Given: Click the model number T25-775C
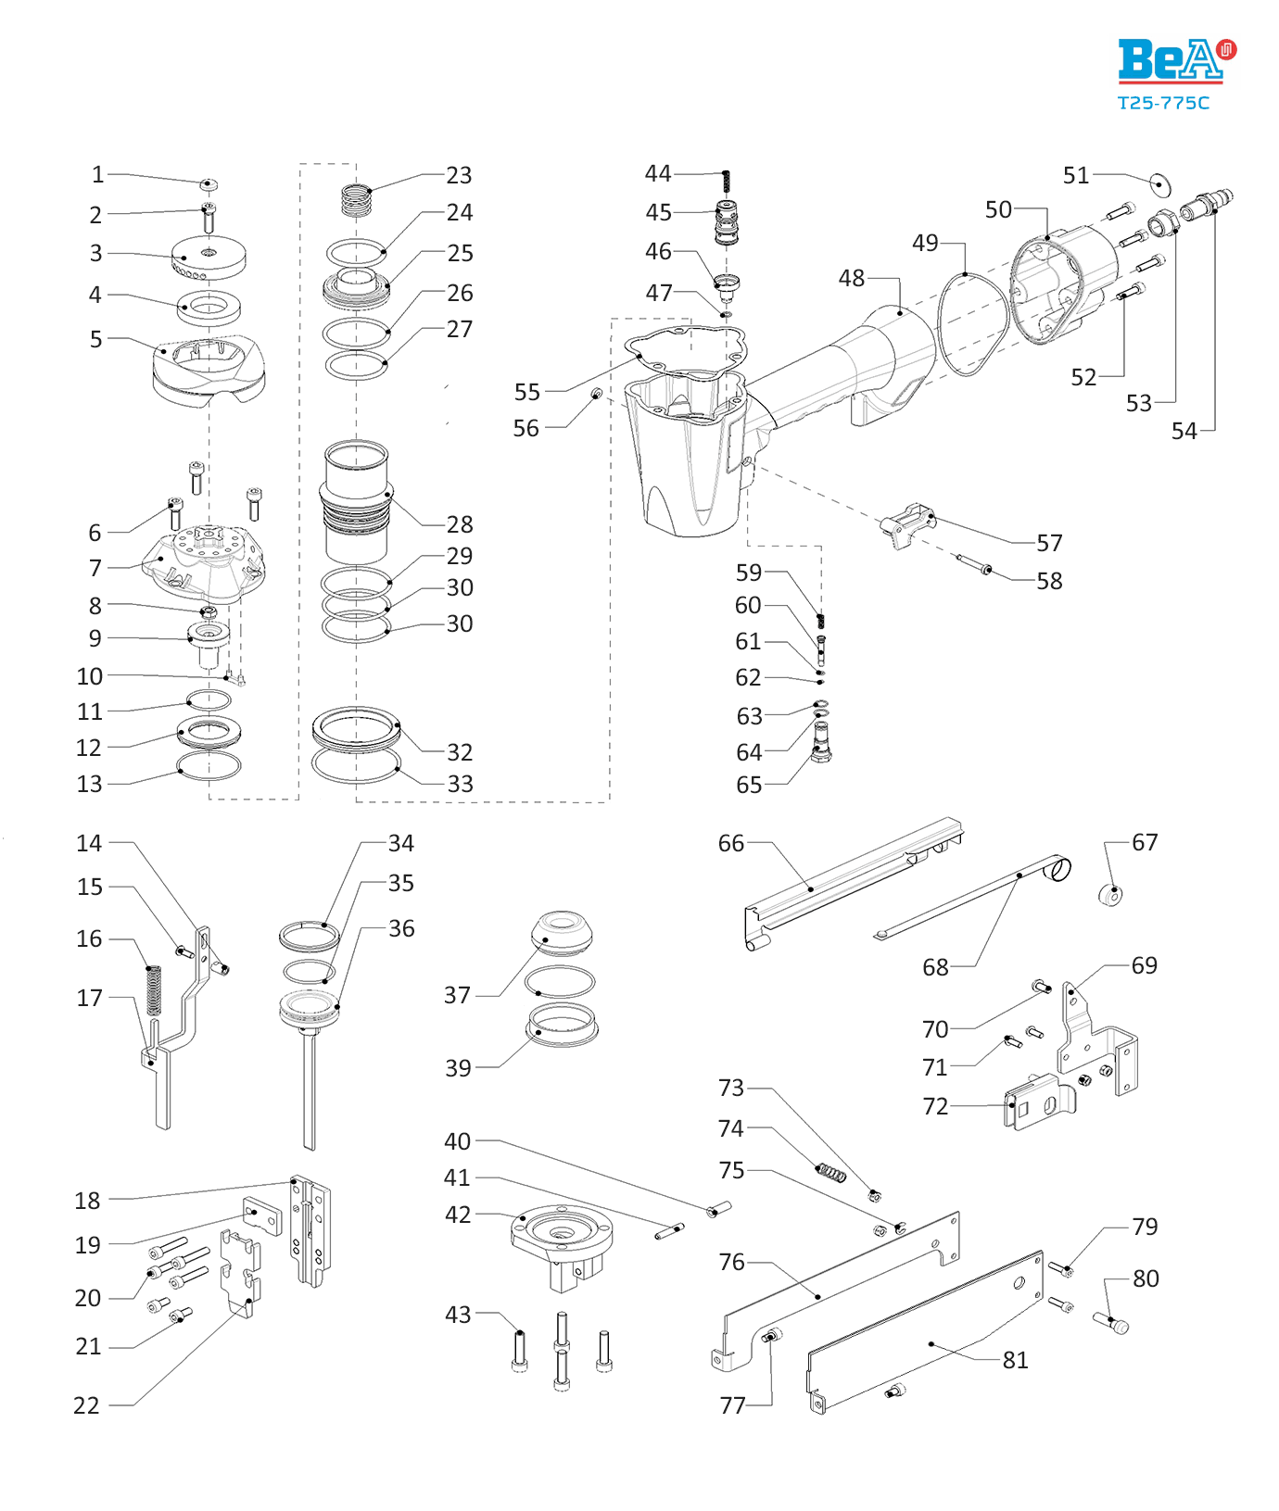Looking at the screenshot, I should pos(1163,103).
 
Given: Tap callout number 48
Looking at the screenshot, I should pos(851,278).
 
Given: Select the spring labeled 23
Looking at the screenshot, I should pos(356,199).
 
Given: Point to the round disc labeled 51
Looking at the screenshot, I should pos(1159,183).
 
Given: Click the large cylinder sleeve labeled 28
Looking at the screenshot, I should pos(356,501).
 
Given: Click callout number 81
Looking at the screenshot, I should pos(1015,1360).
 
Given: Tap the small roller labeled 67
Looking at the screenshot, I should pos(1110,895).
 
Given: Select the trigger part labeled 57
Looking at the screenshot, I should pos(906,525).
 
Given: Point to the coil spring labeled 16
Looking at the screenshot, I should pos(154,989).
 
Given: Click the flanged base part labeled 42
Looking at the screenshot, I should pos(562,1241).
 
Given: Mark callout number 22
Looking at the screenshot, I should pos(86,1405).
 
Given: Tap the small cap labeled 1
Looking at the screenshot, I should pos(209,184).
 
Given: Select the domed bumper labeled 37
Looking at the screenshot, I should pos(562,933).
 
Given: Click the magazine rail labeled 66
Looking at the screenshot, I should pos(853,880).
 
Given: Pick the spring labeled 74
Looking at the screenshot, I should pos(831,1174).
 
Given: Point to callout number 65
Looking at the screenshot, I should pos(749,785).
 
